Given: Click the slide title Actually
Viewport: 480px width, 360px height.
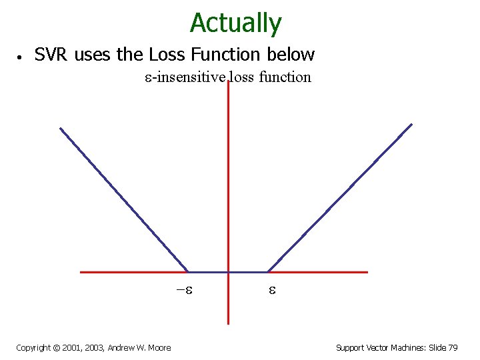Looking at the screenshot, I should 235,23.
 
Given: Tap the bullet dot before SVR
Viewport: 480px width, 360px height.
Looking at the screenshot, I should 22,56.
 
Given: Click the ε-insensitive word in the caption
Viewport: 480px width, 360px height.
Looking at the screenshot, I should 185,77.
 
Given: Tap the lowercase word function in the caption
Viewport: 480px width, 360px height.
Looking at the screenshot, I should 285,77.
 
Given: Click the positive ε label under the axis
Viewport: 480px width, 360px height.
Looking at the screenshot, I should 272,291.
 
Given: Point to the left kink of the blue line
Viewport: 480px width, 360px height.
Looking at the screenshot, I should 189,271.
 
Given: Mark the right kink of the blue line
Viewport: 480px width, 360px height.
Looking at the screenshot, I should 268,271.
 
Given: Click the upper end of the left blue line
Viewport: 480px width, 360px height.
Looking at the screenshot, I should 61,129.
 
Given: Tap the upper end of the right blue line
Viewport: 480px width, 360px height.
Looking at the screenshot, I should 411,124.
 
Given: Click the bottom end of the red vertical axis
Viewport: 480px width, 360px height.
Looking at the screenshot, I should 228,323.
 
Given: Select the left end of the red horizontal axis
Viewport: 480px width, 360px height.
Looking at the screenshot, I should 81,272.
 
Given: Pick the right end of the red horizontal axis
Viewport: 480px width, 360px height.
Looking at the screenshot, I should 367,272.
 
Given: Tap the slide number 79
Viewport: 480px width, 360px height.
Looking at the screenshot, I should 452,347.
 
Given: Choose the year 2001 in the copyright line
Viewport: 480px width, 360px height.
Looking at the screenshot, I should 65,347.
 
